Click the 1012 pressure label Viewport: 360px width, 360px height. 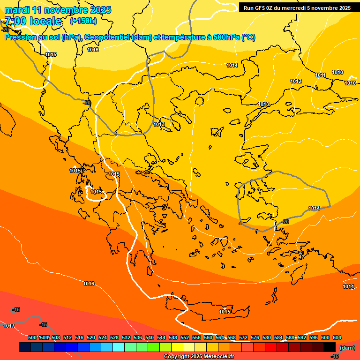tap(296, 81)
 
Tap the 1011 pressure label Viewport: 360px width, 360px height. tap(321, 75)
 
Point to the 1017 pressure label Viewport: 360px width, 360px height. tap(9, 326)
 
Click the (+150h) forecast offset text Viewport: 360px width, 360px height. tap(83, 21)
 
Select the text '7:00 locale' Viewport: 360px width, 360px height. tap(33, 21)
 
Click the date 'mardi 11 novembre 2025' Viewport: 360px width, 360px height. tap(58, 10)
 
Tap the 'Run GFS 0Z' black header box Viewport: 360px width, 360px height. tap(297, 7)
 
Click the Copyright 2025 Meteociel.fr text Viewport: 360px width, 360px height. tap(199, 356)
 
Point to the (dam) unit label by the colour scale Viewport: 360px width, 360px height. tap(347, 347)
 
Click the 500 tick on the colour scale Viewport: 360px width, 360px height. tap(32, 337)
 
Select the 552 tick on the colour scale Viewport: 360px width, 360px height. tap(185, 337)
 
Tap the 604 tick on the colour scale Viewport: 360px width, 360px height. tap(337, 337)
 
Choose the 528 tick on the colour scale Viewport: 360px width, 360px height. tap(114, 337)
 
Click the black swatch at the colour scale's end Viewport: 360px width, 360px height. tap(329, 347)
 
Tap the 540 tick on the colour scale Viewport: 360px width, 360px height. tap(150, 337)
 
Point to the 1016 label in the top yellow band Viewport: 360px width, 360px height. tap(93, 50)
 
